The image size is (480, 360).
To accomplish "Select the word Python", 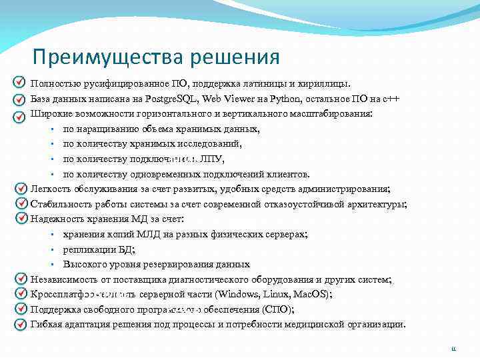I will [287, 99].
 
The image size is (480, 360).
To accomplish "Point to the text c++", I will [391, 99].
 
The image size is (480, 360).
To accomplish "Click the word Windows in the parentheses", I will [238, 294].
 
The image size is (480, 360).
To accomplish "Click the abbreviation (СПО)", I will [277, 309].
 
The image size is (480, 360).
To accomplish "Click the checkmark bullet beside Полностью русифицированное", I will [19, 83].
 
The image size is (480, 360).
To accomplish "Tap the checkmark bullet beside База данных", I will [19, 99].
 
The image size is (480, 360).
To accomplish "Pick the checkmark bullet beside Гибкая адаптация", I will [19, 325].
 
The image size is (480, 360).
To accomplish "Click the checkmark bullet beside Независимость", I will [19, 279].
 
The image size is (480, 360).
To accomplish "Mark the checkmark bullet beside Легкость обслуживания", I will [19, 189].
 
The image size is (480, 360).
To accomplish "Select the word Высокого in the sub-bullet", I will [84, 264].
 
